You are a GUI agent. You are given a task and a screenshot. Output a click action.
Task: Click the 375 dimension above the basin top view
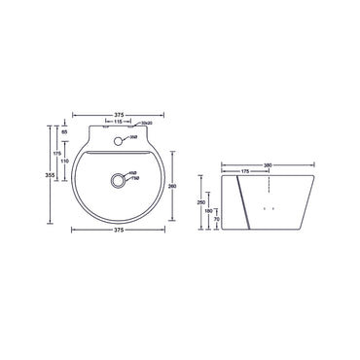tap(119, 109)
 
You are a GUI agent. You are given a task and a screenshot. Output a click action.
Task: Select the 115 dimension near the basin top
tap(118, 122)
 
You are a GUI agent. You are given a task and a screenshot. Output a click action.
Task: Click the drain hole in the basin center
tap(119, 179)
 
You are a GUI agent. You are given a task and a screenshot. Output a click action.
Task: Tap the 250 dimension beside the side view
tap(201, 201)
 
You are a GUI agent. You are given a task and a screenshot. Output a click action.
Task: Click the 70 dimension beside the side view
tap(215, 221)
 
